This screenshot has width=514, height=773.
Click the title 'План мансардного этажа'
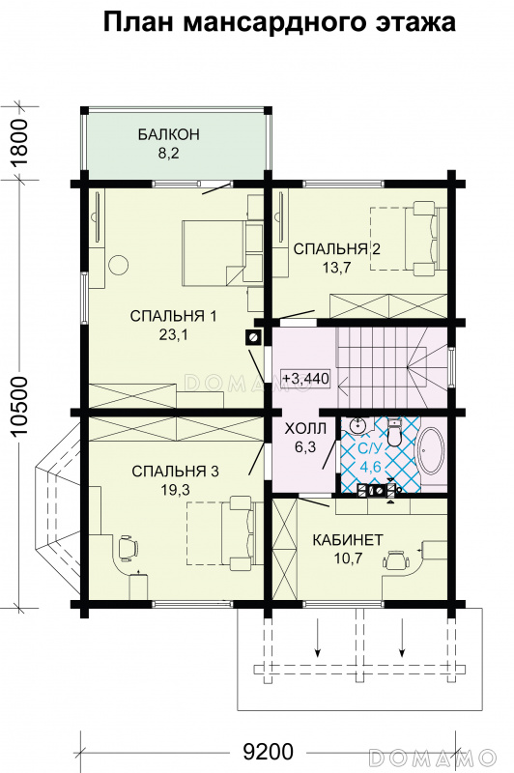pyautogui.click(x=279, y=23)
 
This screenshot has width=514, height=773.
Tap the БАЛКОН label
pyautogui.click(x=169, y=134)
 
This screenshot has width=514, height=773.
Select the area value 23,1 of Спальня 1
pyautogui.click(x=174, y=335)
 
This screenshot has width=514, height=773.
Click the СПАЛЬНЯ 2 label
pyautogui.click(x=337, y=249)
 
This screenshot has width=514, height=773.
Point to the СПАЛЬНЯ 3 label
pyautogui.click(x=176, y=472)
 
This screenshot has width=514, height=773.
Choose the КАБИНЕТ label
pyautogui.click(x=348, y=540)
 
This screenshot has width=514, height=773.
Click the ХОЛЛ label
pyautogui.click(x=306, y=428)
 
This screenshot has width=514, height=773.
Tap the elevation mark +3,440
pyautogui.click(x=305, y=378)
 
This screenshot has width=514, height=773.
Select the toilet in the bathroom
pyautogui.click(x=395, y=432)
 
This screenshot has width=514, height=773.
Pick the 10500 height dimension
pyautogui.click(x=19, y=406)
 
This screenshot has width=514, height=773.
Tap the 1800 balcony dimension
pyautogui.click(x=19, y=143)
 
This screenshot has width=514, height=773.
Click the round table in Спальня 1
pyautogui.click(x=118, y=265)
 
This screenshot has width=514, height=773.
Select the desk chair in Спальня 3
pyautogui.click(x=128, y=548)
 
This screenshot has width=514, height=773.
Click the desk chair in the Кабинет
pyautogui.click(x=396, y=560)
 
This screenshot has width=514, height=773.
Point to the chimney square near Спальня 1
pyautogui.click(x=253, y=337)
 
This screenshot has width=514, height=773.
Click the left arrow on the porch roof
pyautogui.click(x=318, y=639)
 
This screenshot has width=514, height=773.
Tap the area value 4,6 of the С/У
pyautogui.click(x=370, y=467)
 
